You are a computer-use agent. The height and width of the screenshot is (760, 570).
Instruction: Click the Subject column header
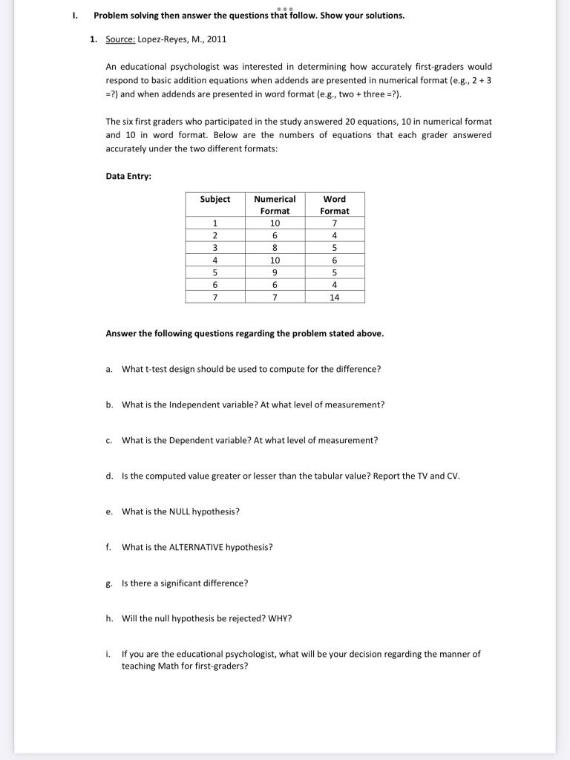click(214, 199)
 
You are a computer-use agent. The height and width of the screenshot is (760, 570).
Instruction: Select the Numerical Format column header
click(275, 205)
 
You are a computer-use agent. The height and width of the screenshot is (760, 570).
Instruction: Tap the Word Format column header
click(334, 205)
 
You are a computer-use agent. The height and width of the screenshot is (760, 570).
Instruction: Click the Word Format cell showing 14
click(334, 297)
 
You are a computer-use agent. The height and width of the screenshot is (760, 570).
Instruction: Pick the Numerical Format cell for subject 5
click(275, 272)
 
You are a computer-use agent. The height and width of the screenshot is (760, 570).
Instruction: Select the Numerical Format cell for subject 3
click(275, 248)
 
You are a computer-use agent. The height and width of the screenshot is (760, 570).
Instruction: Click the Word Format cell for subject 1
click(334, 223)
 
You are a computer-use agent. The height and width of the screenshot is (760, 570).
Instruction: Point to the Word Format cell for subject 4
click(334, 261)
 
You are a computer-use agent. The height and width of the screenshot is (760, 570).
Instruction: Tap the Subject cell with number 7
click(214, 297)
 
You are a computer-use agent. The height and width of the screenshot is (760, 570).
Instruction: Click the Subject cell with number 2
click(214, 236)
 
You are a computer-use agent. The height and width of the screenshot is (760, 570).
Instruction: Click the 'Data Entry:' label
click(128, 176)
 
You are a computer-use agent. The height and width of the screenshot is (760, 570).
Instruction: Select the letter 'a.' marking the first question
click(109, 369)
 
